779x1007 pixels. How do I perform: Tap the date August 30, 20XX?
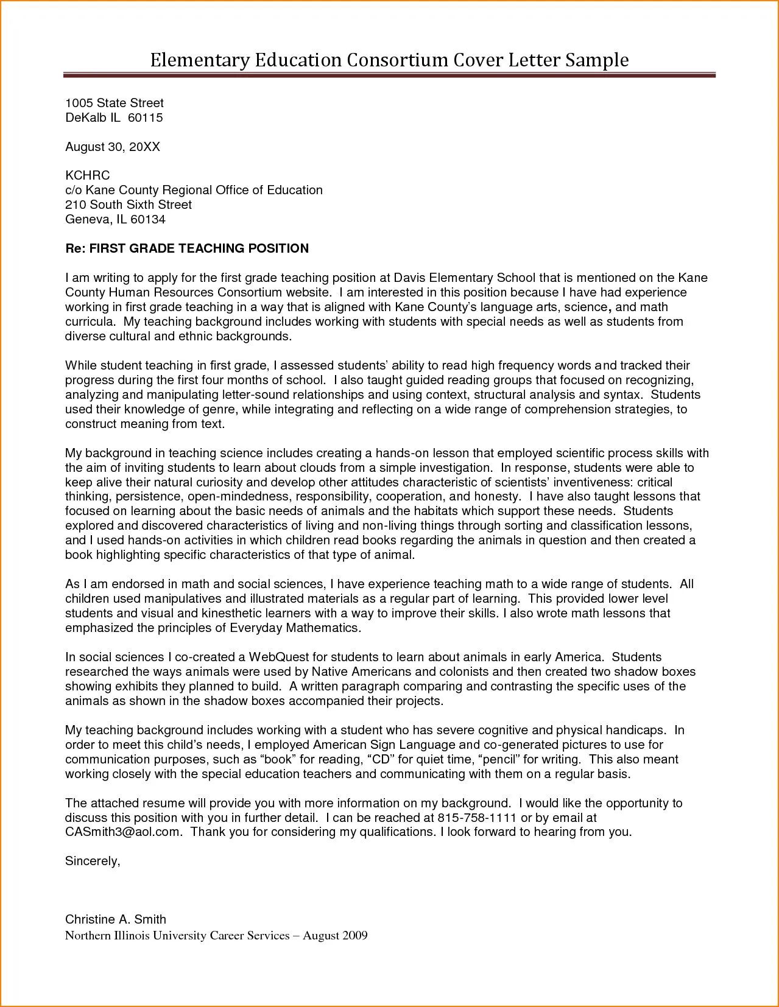click(x=113, y=147)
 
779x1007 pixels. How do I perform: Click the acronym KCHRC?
click(x=87, y=175)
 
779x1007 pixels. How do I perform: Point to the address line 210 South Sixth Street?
click(x=129, y=205)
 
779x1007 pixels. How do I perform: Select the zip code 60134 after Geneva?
click(x=148, y=219)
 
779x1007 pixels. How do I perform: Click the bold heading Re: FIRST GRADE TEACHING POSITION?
click(x=187, y=248)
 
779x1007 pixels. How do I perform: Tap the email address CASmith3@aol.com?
click(x=123, y=832)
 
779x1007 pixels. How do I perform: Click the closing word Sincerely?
click(x=93, y=861)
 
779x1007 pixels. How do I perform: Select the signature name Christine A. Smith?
click(x=115, y=919)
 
